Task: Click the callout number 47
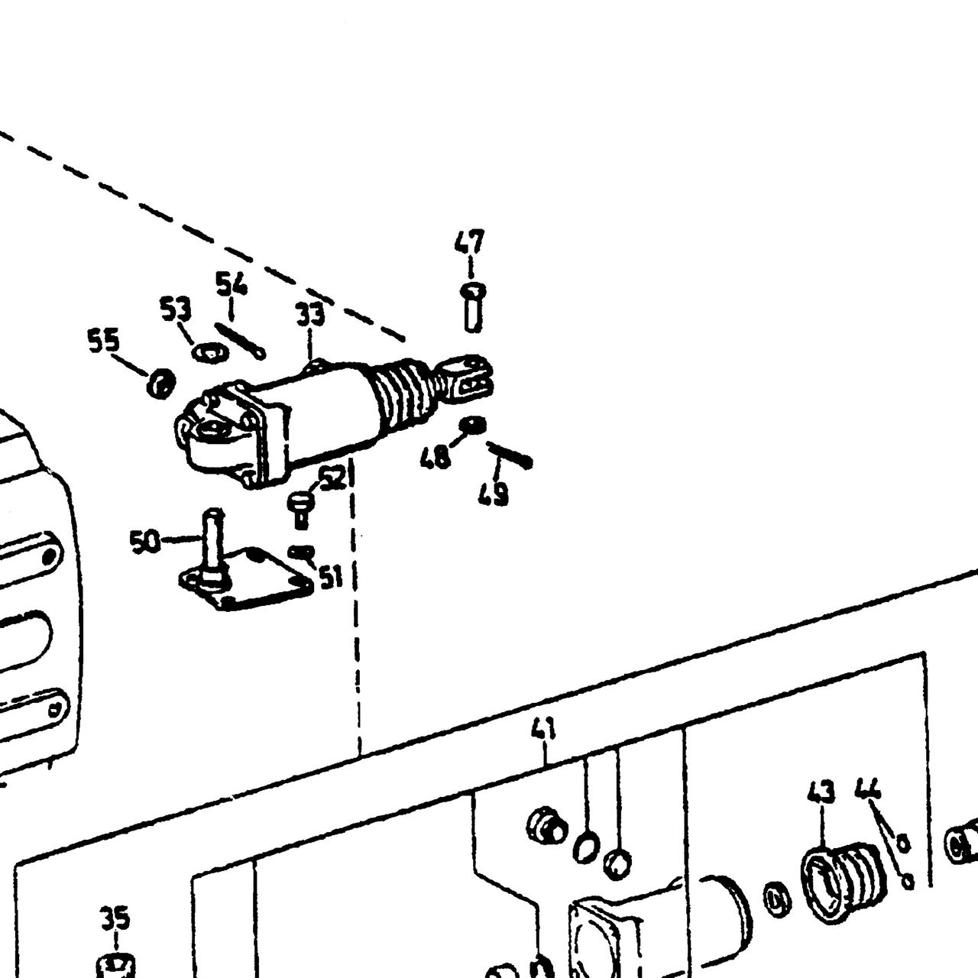pyautogui.click(x=469, y=243)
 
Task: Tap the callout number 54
pyautogui.click(x=232, y=283)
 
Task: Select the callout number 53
pyautogui.click(x=176, y=309)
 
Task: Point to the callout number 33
pyautogui.click(x=310, y=315)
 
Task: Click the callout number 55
pyautogui.click(x=104, y=340)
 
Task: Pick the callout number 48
pyautogui.click(x=436, y=457)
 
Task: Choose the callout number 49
pyautogui.click(x=494, y=494)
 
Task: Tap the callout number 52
pyautogui.click(x=333, y=478)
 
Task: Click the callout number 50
pyautogui.click(x=145, y=542)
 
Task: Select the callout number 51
pyautogui.click(x=331, y=577)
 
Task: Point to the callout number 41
pyautogui.click(x=543, y=730)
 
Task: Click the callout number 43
pyautogui.click(x=821, y=792)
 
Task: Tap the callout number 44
pyautogui.click(x=869, y=789)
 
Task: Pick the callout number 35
pyautogui.click(x=115, y=918)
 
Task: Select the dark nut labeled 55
pyautogui.click(x=161, y=384)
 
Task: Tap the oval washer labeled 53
pyautogui.click(x=210, y=351)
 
